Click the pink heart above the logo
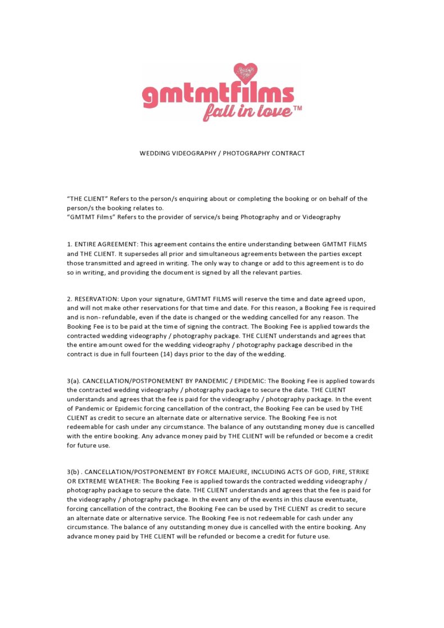click(245, 73)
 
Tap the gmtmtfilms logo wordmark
click(218, 95)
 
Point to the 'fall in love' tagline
click(247, 112)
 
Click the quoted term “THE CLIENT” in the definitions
click(87, 199)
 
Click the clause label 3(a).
click(73, 381)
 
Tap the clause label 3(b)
click(73, 472)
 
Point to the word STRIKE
click(356, 472)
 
